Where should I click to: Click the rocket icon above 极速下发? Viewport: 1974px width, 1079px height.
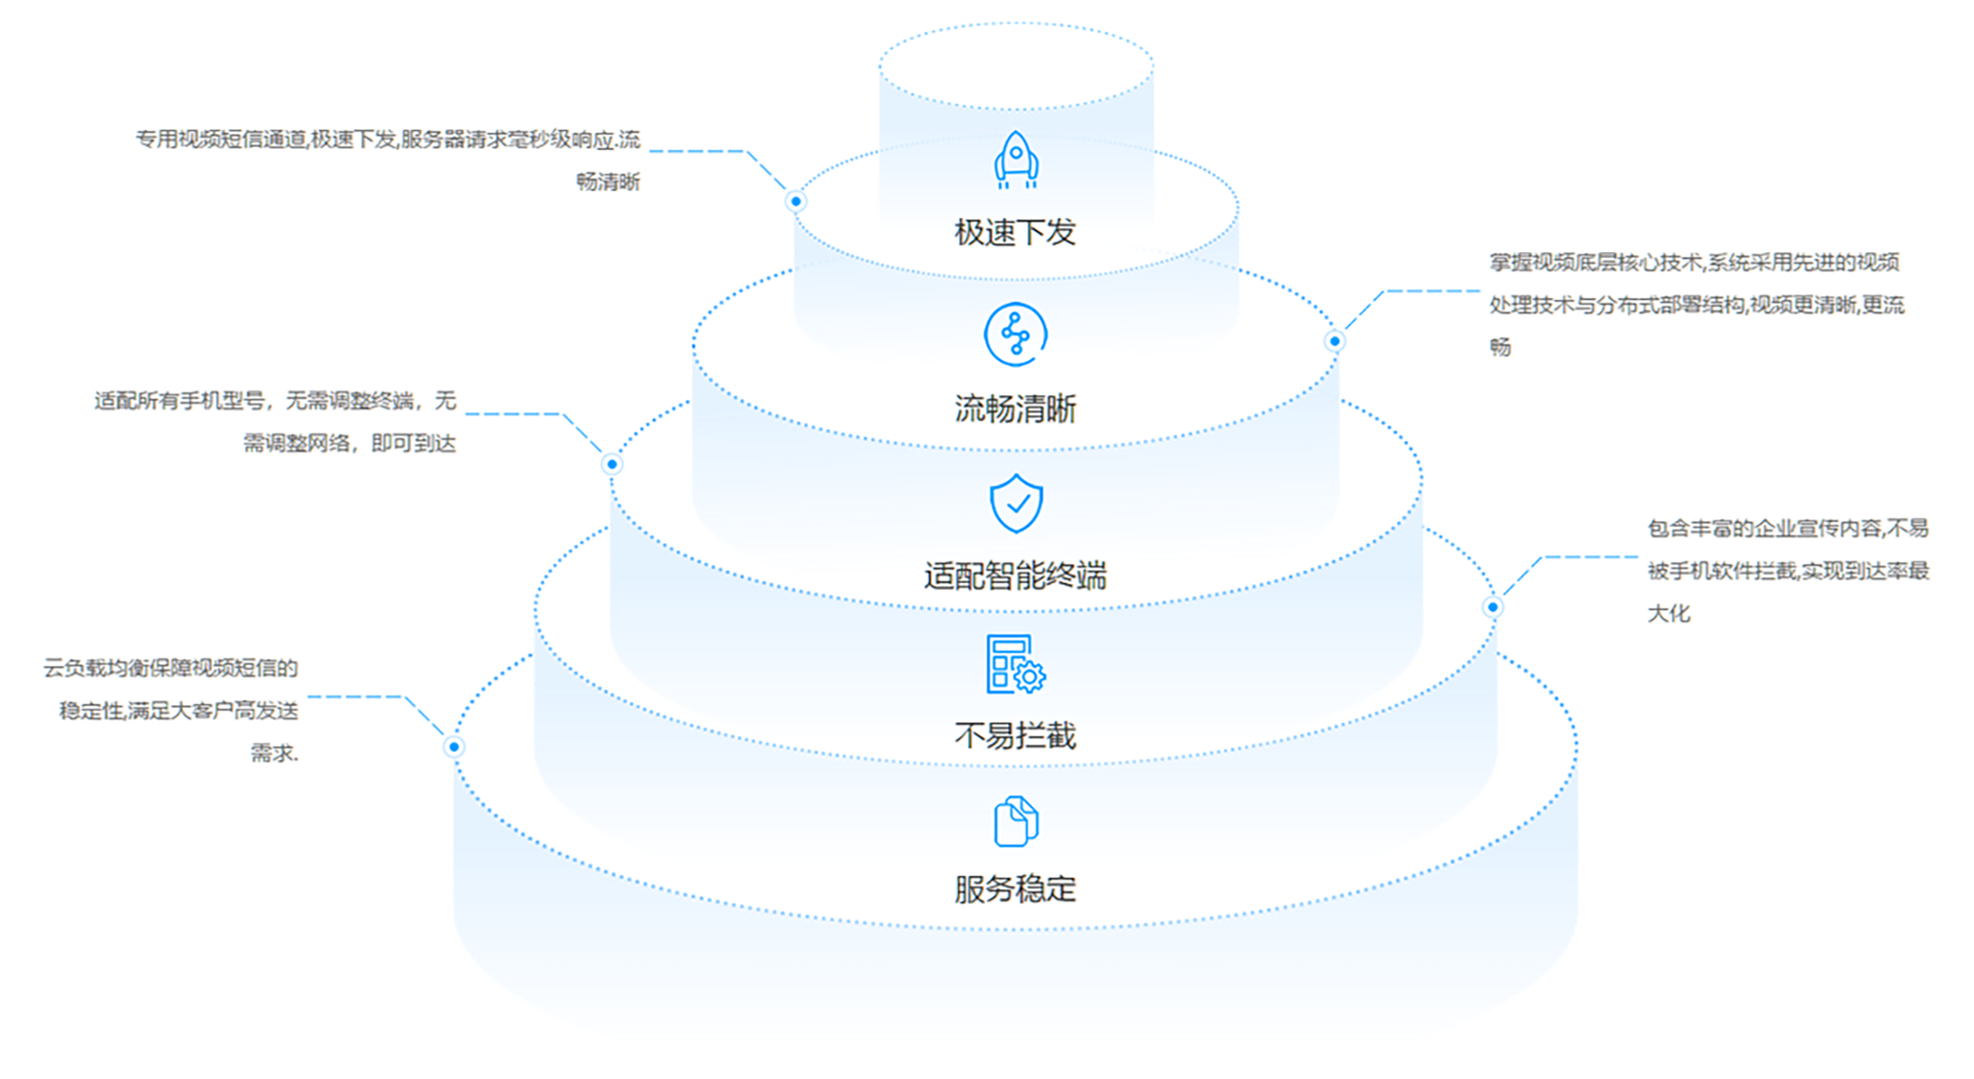tap(1015, 159)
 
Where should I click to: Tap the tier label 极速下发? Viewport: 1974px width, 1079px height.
tap(1015, 232)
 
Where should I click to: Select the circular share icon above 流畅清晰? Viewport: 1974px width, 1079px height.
tap(1015, 334)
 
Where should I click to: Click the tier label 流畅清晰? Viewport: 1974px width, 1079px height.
tap(1015, 409)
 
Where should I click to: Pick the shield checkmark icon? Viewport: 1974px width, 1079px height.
tap(1016, 503)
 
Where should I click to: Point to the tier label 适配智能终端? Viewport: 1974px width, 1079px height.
tap(1015, 576)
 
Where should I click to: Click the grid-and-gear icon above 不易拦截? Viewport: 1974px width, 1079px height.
tap(1015, 664)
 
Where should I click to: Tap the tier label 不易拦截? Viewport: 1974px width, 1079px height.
tap(1015, 736)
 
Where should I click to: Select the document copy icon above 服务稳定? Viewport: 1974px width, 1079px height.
tap(1015, 822)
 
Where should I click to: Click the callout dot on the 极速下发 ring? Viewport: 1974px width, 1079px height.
tap(795, 201)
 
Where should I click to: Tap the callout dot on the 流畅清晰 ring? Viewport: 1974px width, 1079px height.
tap(1335, 342)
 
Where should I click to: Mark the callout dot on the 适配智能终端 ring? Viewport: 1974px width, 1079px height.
tap(612, 464)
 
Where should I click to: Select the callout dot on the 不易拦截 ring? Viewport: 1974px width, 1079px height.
tap(1492, 608)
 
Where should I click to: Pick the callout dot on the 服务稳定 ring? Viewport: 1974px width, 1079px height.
tap(454, 747)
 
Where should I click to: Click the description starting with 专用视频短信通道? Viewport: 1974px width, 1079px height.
tap(389, 159)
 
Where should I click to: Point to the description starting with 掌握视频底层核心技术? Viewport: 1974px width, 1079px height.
tap(1696, 304)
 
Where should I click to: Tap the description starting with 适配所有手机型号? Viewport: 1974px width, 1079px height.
tap(275, 421)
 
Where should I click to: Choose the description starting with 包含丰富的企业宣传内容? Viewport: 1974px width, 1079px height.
tap(1787, 569)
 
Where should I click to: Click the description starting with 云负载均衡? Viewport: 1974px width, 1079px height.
tap(171, 710)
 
